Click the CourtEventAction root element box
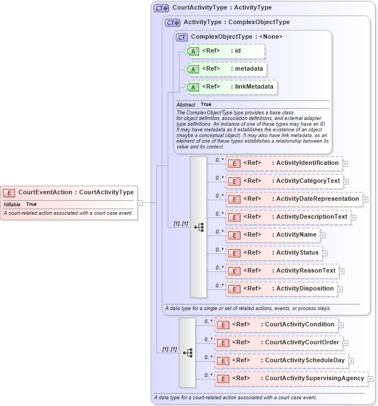click(68, 192)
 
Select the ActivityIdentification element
click(283, 163)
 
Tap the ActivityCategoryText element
click(283, 181)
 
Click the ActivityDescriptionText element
click(288, 217)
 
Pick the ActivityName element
click(272, 235)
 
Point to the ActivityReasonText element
click(282, 271)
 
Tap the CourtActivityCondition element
click(275, 325)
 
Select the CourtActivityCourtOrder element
click(278, 343)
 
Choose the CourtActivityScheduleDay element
click(280, 361)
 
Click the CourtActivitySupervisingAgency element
click(291, 379)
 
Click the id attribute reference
click(224, 51)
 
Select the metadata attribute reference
click(225, 69)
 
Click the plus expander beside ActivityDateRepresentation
click(365, 199)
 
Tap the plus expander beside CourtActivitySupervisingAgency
click(371, 379)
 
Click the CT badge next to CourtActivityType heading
click(162, 8)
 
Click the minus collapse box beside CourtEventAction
click(140, 202)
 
